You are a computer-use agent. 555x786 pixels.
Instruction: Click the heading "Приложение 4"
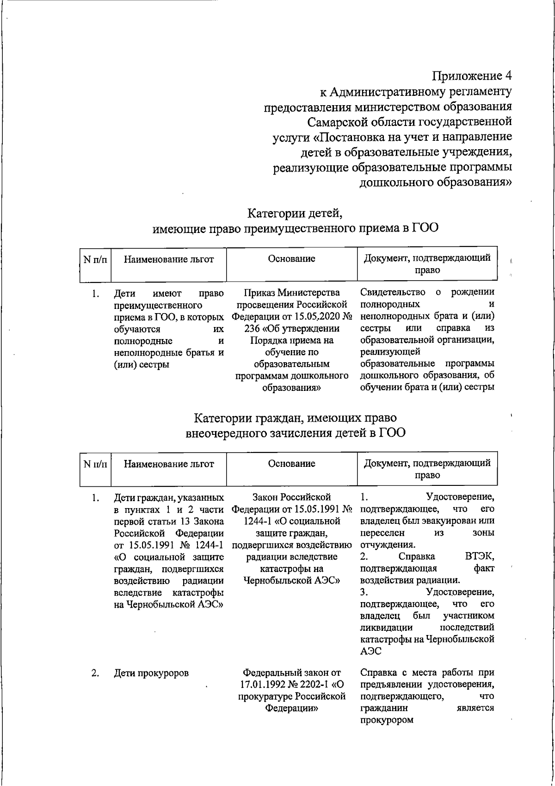[472, 75]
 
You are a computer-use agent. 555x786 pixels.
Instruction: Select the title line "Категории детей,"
[295, 214]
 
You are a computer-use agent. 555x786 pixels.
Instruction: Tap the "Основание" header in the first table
[291, 259]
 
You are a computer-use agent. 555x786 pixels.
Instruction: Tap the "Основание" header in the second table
[291, 463]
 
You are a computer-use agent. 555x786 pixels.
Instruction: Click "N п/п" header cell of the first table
[95, 259]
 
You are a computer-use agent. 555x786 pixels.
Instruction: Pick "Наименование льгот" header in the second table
[169, 464]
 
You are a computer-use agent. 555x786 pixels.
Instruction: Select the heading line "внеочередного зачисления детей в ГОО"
[295, 433]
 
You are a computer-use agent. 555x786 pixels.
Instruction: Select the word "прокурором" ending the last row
[387, 720]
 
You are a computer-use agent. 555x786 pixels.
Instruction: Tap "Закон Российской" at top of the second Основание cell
[291, 497]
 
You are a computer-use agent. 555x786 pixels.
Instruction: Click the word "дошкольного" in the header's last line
[396, 182]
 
